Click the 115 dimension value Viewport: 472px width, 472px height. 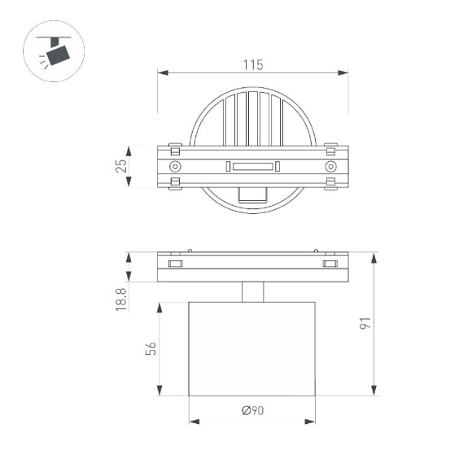(252, 65)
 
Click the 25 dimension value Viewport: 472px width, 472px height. (121, 167)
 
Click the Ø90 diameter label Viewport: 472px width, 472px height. (252, 411)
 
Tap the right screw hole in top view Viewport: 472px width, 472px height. (330, 167)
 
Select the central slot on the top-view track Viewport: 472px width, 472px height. (252, 167)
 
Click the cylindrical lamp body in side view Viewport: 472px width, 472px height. (252, 348)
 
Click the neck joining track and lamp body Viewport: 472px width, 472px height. (252, 291)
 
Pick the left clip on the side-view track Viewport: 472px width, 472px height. (175, 264)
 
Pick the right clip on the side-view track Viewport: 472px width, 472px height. (330, 264)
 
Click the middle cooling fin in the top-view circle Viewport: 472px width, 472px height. (252, 118)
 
